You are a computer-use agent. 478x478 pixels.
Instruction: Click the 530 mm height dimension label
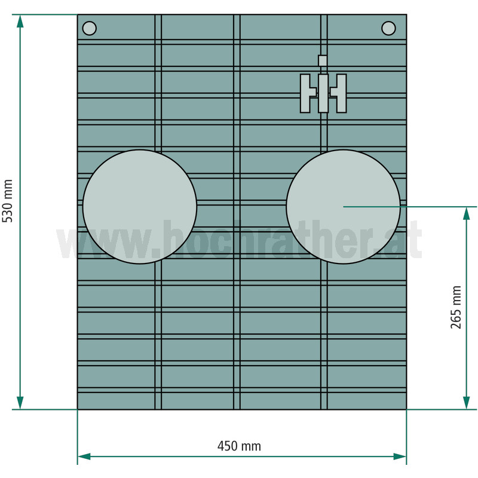point(7,201)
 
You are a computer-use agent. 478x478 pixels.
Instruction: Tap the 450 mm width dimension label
point(240,446)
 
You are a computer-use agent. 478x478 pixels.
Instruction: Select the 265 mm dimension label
point(456,307)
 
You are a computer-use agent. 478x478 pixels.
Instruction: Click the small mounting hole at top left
point(89,28)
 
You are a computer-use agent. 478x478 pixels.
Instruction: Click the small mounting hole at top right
point(389,28)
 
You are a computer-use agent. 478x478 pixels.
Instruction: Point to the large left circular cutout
point(140,207)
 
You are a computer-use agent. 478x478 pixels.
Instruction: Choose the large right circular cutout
point(343,207)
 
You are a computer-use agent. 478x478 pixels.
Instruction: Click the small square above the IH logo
point(323,61)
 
